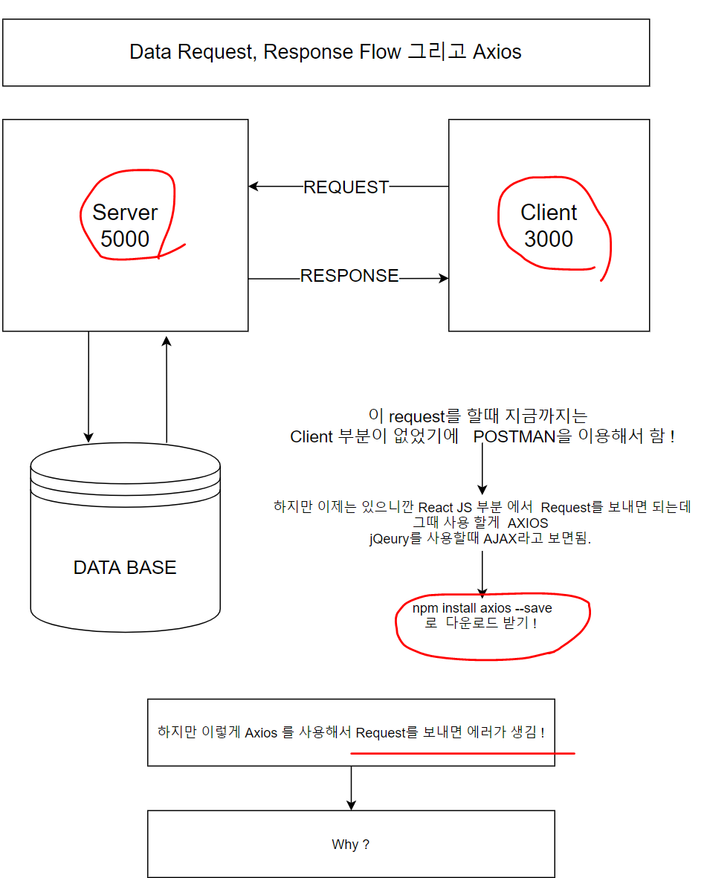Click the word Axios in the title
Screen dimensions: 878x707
[497, 52]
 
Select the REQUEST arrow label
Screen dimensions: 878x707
[346, 187]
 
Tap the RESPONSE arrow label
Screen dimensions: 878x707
[349, 276]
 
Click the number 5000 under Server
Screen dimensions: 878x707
[125, 239]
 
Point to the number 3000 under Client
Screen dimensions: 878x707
[549, 239]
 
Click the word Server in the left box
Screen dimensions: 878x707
[125, 213]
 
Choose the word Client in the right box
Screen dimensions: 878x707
[549, 213]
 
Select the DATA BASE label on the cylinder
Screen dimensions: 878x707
[125, 568]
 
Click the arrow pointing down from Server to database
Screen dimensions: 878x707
[88, 387]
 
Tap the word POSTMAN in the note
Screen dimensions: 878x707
[514, 436]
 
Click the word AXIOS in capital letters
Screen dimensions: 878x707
[528, 523]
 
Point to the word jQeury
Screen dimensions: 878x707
[389, 539]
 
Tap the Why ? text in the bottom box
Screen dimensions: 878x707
[350, 845]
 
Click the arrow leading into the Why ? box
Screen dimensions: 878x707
[351, 788]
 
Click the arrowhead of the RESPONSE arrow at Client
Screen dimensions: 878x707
[445, 279]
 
